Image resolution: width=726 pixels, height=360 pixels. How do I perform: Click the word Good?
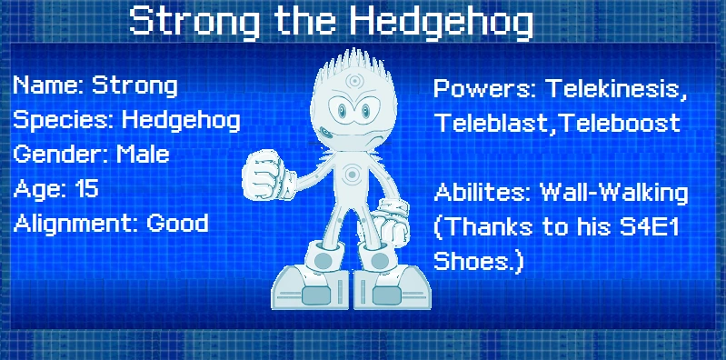coord(178,223)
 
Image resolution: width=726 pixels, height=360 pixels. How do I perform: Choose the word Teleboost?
coord(620,123)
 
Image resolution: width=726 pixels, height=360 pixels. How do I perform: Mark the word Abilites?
coord(482,193)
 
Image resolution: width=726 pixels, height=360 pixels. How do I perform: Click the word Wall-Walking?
coord(614,193)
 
